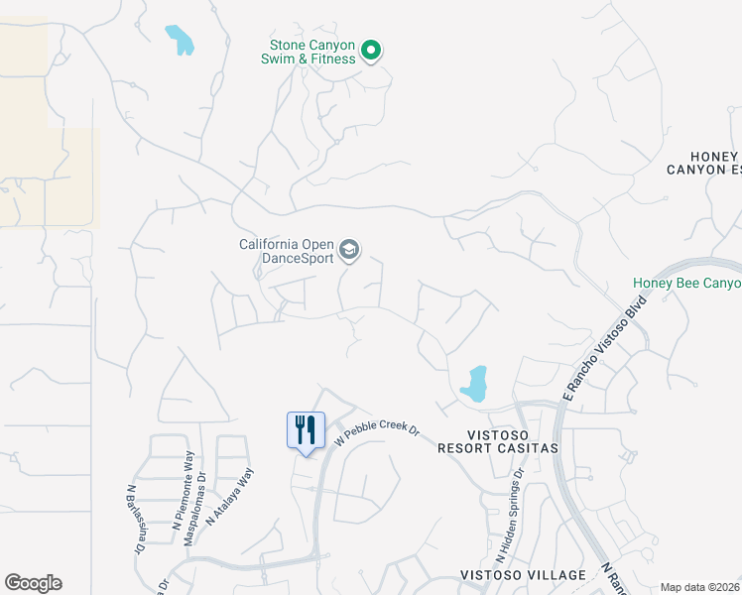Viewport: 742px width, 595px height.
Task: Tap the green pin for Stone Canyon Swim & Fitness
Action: click(x=371, y=49)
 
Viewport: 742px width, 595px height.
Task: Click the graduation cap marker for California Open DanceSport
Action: click(x=348, y=250)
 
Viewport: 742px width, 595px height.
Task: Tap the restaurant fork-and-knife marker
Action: click(x=306, y=431)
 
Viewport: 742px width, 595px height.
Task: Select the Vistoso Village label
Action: click(x=523, y=575)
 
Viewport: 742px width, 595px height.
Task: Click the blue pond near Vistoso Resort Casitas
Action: click(x=474, y=384)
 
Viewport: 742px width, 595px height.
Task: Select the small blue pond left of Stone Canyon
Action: click(x=179, y=40)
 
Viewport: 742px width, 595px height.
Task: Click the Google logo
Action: click(x=33, y=583)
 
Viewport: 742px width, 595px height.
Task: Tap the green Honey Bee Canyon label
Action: click(x=686, y=284)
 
